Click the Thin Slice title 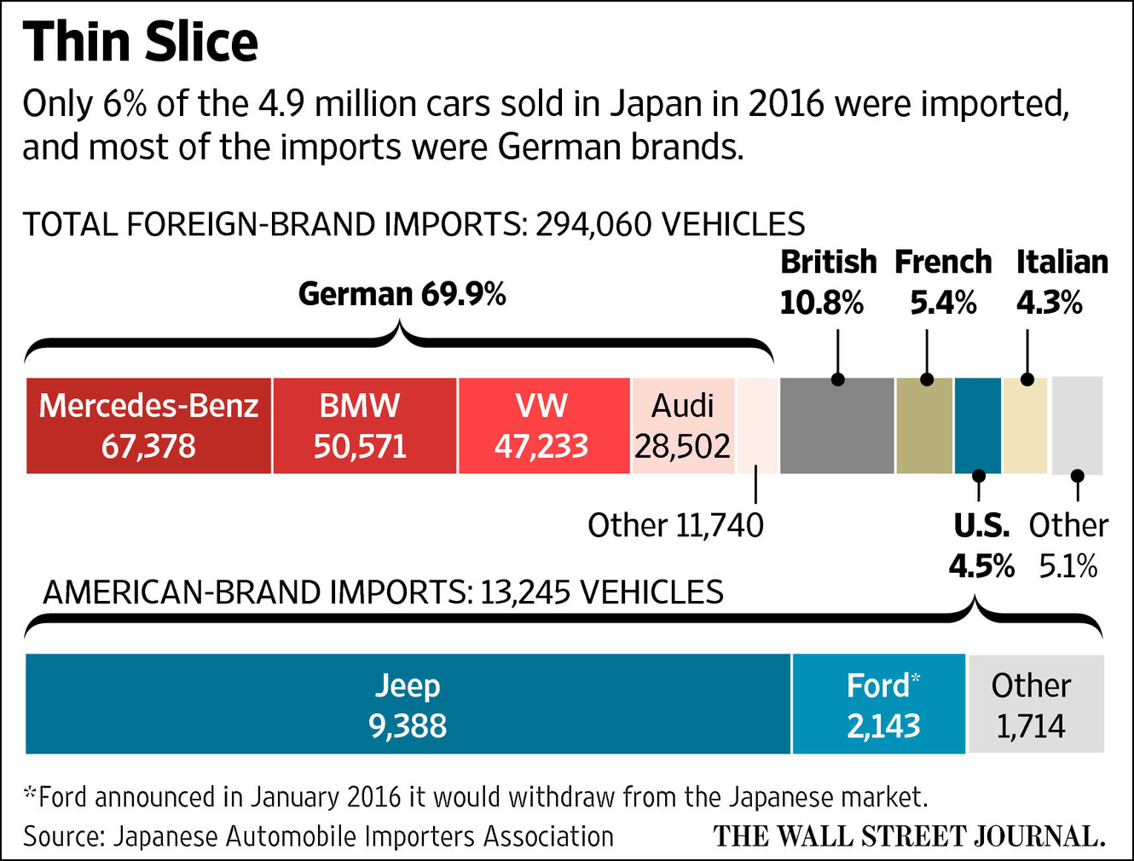pos(141,42)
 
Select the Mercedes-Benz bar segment pos(148,425)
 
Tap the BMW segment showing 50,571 pos(364,425)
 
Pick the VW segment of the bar pos(544,425)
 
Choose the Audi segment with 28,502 pos(683,425)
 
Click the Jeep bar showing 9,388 pos(408,704)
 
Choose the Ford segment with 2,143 pos(879,704)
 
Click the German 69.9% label pos(402,294)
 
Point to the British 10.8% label pos(827,282)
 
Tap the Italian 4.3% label pos(1061,282)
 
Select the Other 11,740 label pos(675,525)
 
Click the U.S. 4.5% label pos(981,546)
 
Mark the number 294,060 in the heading pos(594,224)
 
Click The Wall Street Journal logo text pos(909,835)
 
